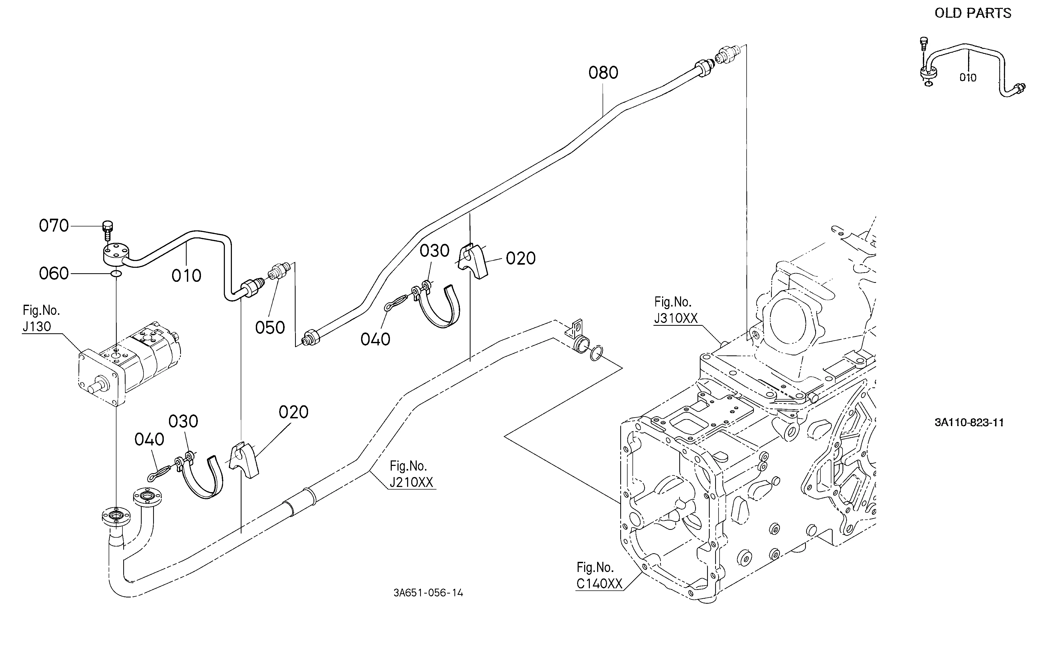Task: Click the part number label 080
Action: coord(603,73)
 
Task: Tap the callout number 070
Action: coord(54,226)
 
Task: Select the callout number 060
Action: coord(54,274)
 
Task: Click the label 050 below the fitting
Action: coord(270,328)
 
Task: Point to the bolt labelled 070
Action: coord(107,231)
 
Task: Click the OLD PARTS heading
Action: coord(973,13)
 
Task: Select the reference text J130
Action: coord(37,326)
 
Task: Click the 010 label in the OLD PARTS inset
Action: coord(968,77)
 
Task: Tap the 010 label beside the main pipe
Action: coord(186,276)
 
